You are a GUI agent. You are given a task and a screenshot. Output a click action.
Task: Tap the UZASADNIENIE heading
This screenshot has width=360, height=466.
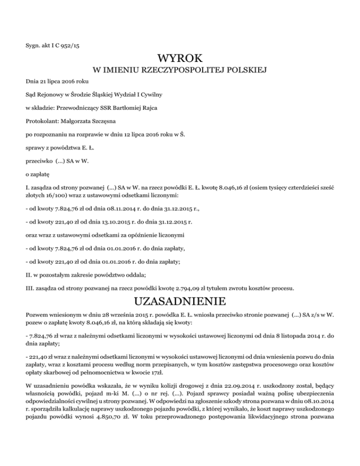180,299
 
